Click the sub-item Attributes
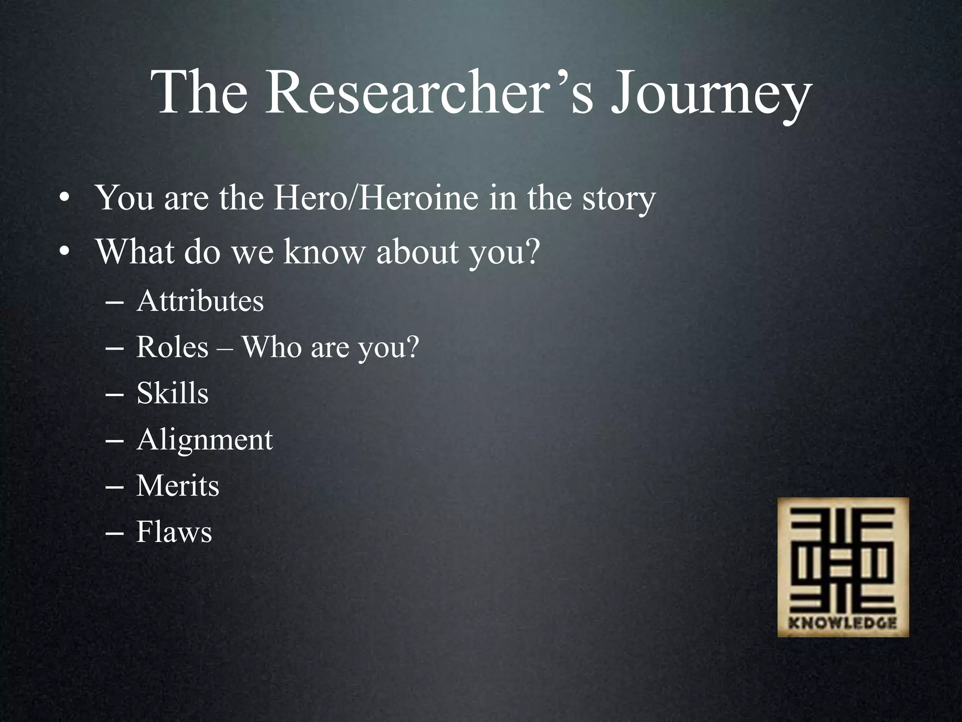(200, 301)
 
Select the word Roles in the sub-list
(172, 347)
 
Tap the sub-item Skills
(172, 393)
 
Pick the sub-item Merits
(178, 486)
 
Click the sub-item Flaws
(174, 532)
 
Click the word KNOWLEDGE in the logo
(843, 623)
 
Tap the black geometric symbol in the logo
(843, 562)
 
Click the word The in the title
(200, 93)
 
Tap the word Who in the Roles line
(271, 347)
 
